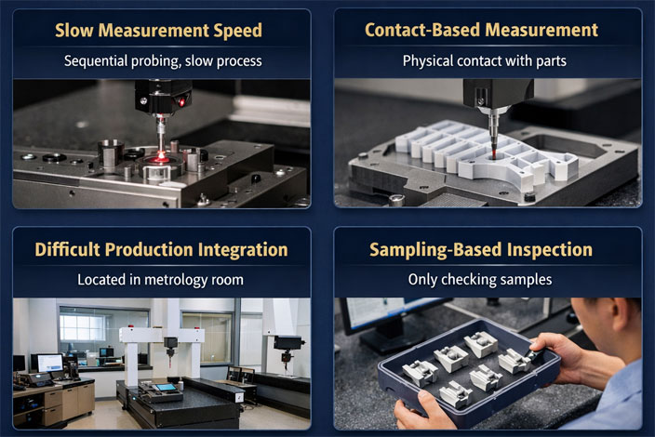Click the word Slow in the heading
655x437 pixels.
pyautogui.click(x=75, y=31)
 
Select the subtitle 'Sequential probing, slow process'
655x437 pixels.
pyautogui.click(x=162, y=61)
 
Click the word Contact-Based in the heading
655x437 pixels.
pyautogui.click(x=416, y=30)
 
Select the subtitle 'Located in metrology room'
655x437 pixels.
pyautogui.click(x=162, y=280)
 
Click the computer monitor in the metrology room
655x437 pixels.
pyautogui.click(x=48, y=363)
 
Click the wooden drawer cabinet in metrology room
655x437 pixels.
pyautogui.click(x=69, y=402)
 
